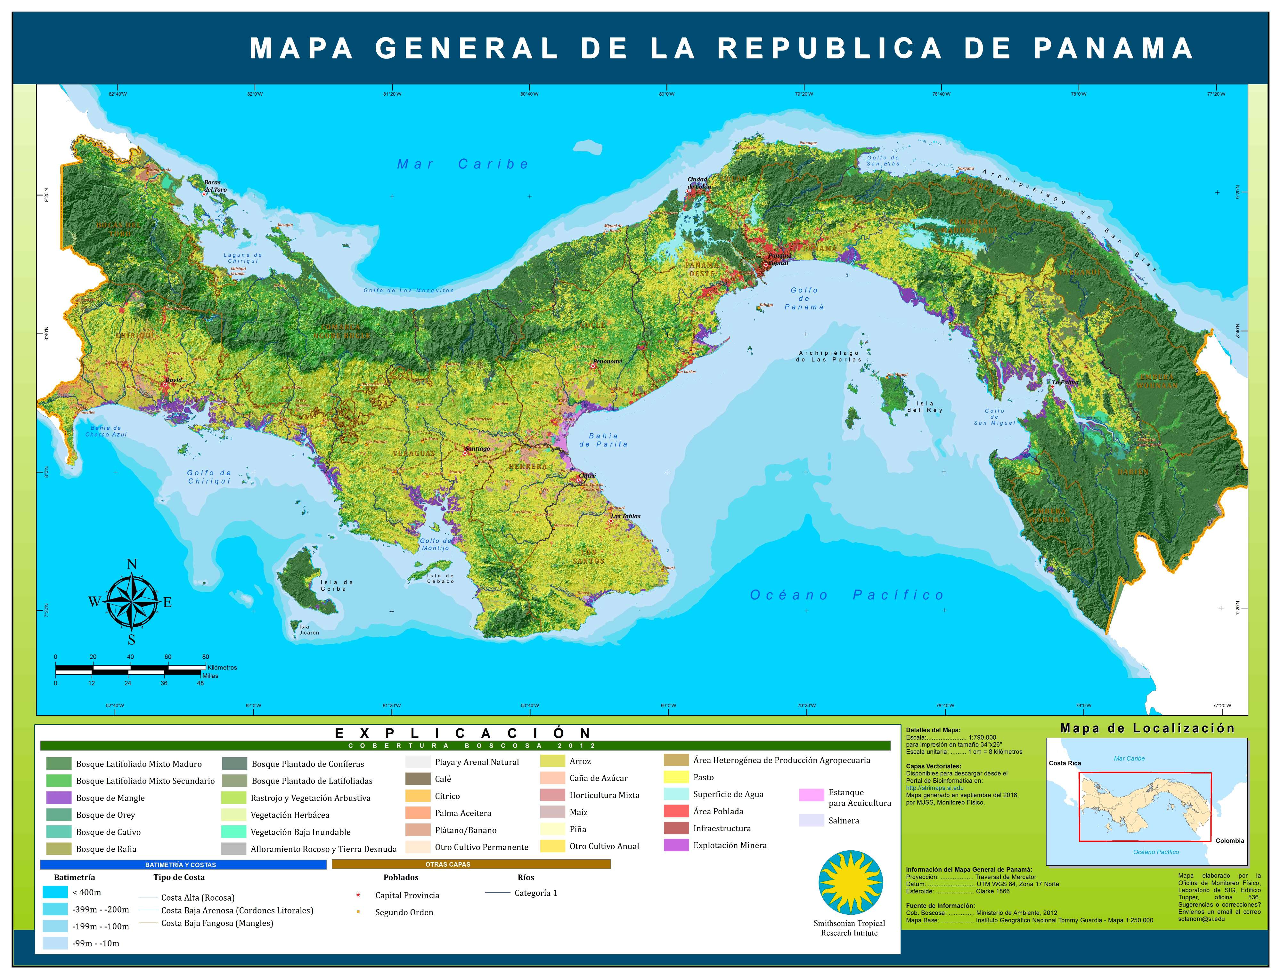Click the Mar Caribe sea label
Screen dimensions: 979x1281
tap(463, 164)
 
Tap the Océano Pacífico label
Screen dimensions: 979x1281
tap(847, 595)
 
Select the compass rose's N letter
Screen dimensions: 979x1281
tap(132, 564)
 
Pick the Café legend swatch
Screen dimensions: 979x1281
tap(418, 779)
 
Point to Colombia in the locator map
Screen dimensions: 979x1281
tap(1229, 841)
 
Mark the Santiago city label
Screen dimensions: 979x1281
tap(477, 449)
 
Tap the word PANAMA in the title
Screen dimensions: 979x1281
tap(1114, 48)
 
